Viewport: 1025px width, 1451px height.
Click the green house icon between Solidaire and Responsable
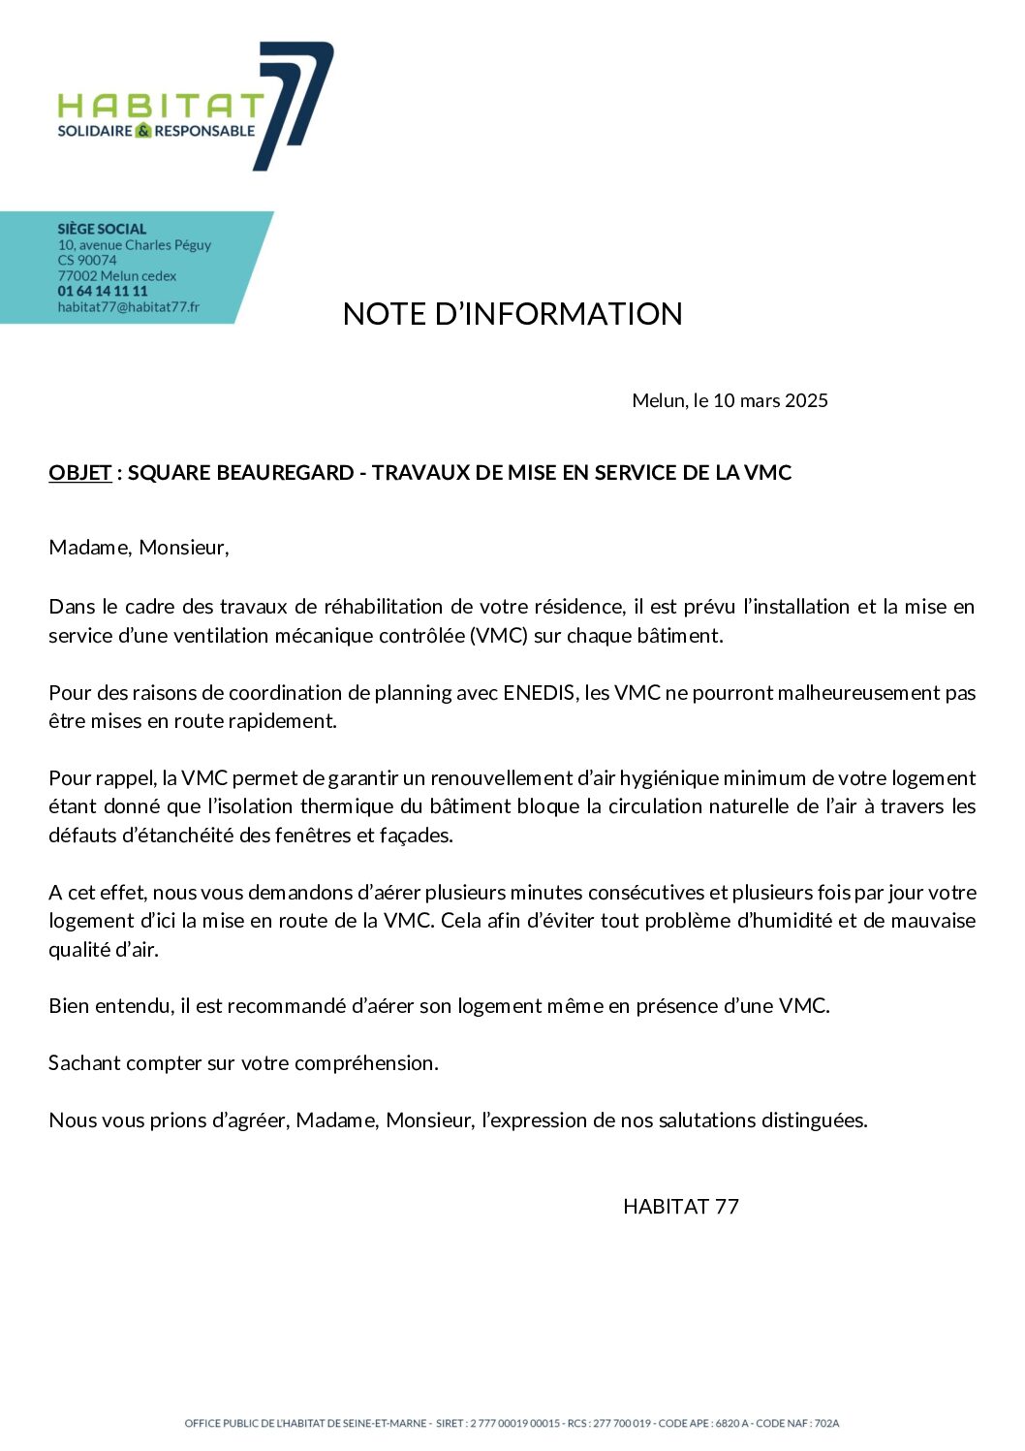(143, 131)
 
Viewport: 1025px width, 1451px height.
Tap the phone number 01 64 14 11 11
(103, 291)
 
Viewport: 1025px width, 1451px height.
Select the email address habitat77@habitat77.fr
(129, 307)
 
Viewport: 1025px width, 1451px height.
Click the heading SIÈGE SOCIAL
(102, 229)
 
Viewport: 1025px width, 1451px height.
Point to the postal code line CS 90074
(87, 260)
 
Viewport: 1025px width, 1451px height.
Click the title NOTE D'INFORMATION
(512, 314)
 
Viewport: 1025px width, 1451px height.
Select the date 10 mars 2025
(770, 400)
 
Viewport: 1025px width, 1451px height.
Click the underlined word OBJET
(79, 473)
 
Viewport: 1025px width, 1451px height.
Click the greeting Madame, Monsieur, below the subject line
(139, 548)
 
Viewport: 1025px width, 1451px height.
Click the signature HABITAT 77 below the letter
(681, 1207)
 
